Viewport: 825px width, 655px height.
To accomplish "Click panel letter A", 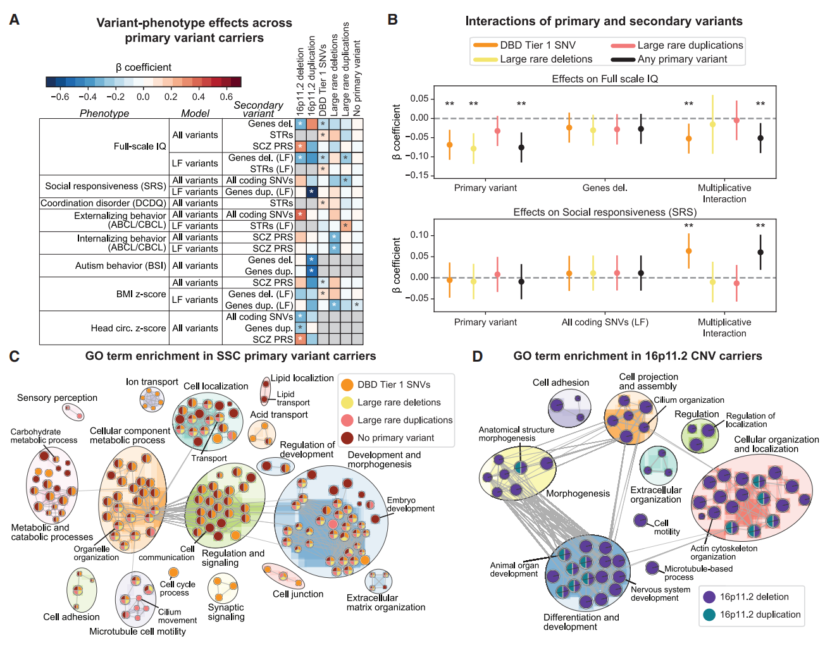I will click(14, 20).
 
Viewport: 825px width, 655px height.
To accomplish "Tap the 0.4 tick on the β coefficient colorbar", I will click(199, 97).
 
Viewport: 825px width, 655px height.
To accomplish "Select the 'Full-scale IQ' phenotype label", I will click(140, 146).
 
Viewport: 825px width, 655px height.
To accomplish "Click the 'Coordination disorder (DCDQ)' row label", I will click(103, 203).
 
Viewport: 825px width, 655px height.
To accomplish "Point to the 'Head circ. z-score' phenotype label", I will click(128, 328).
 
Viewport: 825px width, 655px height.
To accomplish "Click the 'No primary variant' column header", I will click(357, 78).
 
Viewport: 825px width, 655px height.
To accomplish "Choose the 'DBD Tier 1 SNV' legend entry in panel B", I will click(537, 45).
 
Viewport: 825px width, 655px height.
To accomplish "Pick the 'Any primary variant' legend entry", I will click(682, 59).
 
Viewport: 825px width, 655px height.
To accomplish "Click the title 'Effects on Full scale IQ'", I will click(605, 78).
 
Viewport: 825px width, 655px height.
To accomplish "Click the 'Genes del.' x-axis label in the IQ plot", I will click(605, 188).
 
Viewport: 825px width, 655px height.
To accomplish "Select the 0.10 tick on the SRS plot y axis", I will click(419, 235).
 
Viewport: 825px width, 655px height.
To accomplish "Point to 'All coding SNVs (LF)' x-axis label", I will click(605, 322).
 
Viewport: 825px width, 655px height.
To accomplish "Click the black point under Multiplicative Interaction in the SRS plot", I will click(760, 252).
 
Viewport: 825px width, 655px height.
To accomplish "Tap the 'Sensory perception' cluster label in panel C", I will click(57, 398).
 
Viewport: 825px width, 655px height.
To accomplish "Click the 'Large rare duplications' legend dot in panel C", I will click(347, 420).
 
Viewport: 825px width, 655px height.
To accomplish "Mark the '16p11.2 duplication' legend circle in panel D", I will click(709, 615).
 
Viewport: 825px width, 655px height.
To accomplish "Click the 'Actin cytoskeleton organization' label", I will click(723, 553).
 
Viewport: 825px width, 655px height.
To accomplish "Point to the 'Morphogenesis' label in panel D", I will click(578, 493).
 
